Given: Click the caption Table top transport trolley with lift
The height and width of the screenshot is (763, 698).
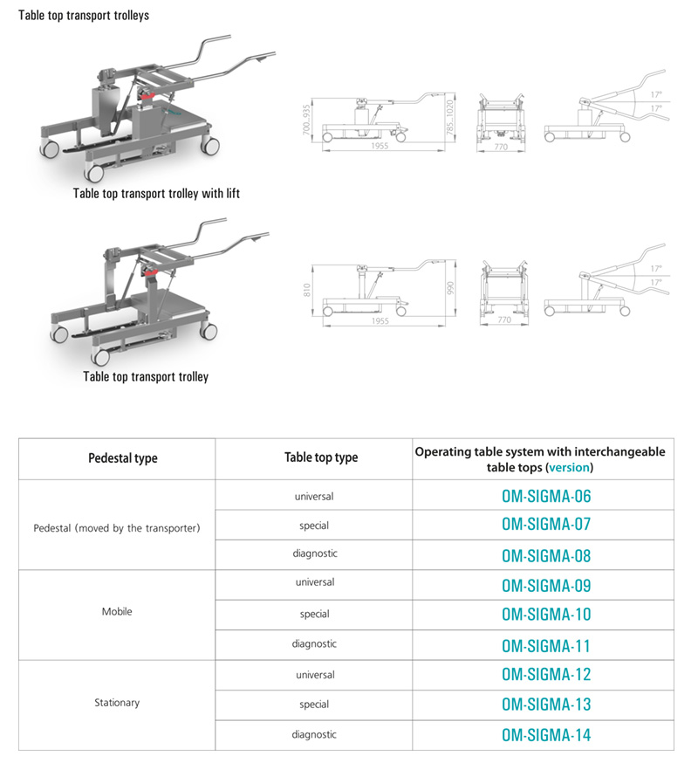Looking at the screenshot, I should pyautogui.click(x=156, y=193).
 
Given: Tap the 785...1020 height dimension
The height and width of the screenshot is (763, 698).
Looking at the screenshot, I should pyautogui.click(x=450, y=119).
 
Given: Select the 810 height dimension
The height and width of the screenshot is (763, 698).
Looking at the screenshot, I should pyautogui.click(x=306, y=288).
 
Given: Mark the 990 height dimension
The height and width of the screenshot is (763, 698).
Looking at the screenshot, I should pyautogui.click(x=450, y=288).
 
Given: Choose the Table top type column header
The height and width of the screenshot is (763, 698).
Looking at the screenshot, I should pyautogui.click(x=321, y=457).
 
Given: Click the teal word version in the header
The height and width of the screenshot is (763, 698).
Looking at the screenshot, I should pyautogui.click(x=569, y=467).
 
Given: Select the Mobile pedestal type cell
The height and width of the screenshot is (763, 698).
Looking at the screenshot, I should pyautogui.click(x=117, y=612).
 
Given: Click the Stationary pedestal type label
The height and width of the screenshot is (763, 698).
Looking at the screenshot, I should pyautogui.click(x=117, y=702).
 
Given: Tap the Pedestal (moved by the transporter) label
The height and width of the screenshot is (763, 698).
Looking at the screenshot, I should pyautogui.click(x=117, y=528).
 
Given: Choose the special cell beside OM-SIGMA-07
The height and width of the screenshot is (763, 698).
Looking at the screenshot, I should pyautogui.click(x=314, y=525).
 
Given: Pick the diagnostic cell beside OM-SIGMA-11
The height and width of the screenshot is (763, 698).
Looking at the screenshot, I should pyautogui.click(x=314, y=644).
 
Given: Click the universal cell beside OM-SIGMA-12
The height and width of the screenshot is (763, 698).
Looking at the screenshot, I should pyautogui.click(x=314, y=675).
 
